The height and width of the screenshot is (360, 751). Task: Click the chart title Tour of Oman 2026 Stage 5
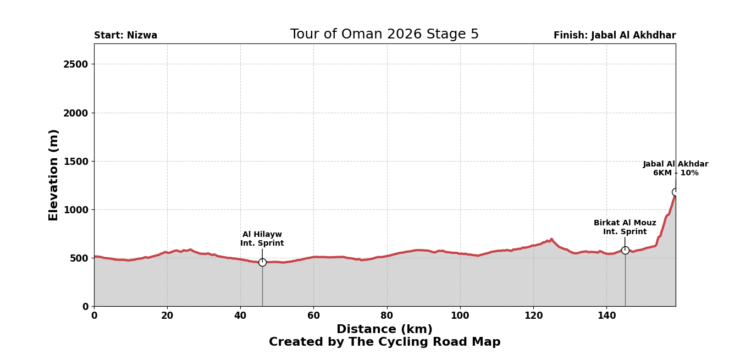tap(384, 35)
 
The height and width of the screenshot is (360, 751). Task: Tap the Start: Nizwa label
tap(125, 36)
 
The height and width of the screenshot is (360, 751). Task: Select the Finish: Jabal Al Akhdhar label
tap(614, 36)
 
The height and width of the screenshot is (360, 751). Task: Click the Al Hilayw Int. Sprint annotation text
tap(262, 239)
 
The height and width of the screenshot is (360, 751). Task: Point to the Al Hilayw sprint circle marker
tap(262, 262)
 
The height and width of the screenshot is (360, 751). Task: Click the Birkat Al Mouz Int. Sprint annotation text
tap(625, 228)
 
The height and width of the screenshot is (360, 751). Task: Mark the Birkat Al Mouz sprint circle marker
tap(625, 250)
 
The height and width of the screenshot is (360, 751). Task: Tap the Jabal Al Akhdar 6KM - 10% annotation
tap(675, 169)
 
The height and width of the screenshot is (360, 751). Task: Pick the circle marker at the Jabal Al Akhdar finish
tap(676, 192)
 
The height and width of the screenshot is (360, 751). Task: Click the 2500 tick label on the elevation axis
tap(75, 64)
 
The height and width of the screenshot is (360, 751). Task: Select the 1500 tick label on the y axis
tap(75, 162)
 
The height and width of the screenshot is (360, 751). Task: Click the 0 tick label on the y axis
tap(85, 307)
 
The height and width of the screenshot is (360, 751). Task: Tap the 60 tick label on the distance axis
tap(313, 316)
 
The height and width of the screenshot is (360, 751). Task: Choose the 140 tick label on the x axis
tap(606, 316)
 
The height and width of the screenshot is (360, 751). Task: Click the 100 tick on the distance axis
tap(460, 316)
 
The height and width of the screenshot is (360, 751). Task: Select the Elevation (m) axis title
tap(54, 175)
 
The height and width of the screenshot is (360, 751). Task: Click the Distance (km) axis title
tap(384, 330)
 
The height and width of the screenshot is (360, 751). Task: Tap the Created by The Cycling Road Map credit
tap(384, 342)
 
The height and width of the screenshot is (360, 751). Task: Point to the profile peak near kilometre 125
tap(551, 240)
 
